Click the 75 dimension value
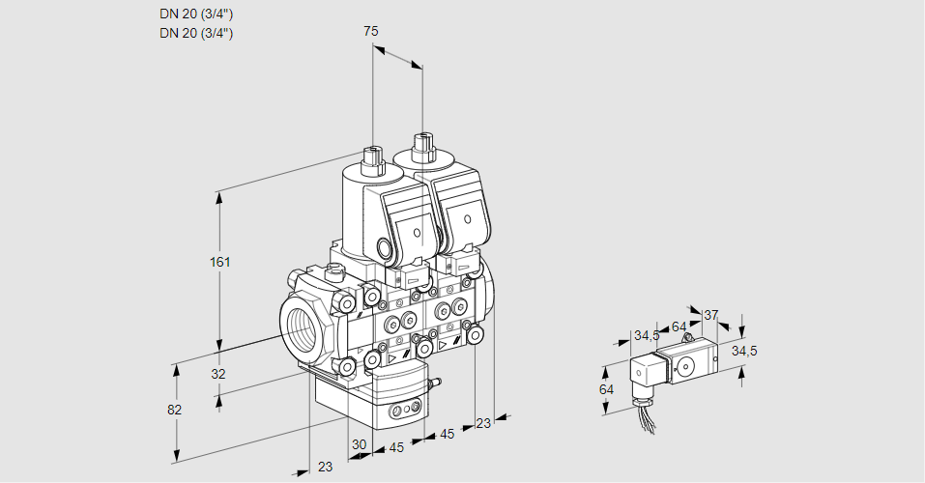[370, 32]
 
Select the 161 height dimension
[221, 262]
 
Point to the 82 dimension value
[174, 410]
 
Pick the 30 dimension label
[360, 445]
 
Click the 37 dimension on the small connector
[710, 315]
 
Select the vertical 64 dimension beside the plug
[606, 389]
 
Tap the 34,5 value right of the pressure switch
[744, 351]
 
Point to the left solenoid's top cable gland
[372, 160]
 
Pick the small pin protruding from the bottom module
[435, 384]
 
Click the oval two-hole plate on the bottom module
[399, 412]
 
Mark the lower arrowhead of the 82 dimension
[177, 456]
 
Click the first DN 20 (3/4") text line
[195, 14]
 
